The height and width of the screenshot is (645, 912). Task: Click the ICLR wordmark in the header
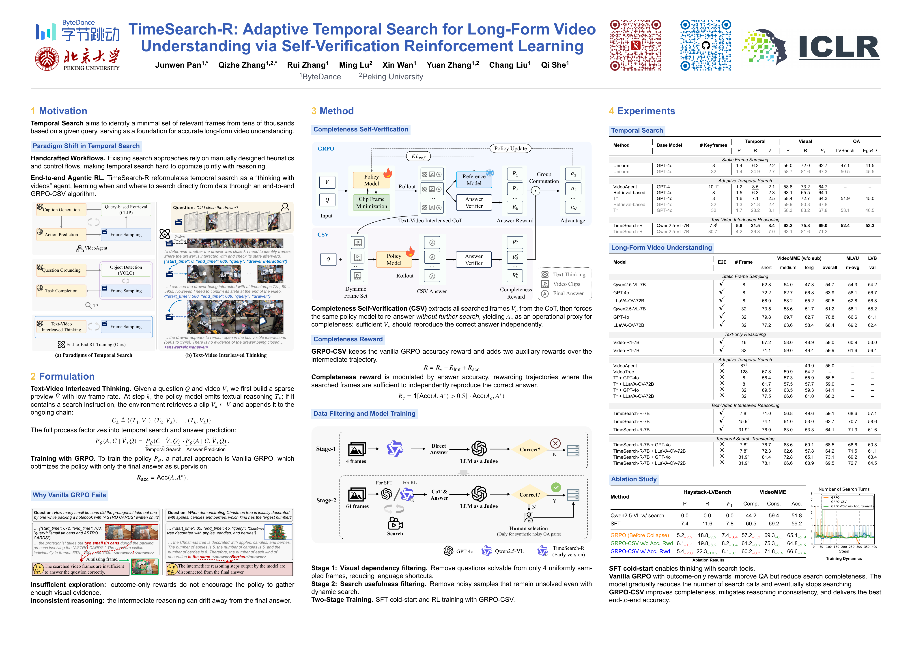coord(839,47)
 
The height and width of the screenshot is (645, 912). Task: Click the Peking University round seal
coord(47,59)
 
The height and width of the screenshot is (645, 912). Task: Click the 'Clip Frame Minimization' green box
coord(371,202)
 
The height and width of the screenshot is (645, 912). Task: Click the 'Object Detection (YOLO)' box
coord(126,270)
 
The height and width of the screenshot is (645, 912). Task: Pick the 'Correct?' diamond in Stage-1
coord(530,449)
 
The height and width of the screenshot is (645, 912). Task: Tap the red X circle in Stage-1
coord(555,443)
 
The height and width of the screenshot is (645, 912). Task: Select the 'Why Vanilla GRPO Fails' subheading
coord(69,495)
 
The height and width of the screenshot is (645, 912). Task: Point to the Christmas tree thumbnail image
coord(278,532)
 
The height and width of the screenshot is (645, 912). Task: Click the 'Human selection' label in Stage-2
coord(528,528)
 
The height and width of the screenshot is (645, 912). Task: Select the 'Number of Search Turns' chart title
coord(844,489)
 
